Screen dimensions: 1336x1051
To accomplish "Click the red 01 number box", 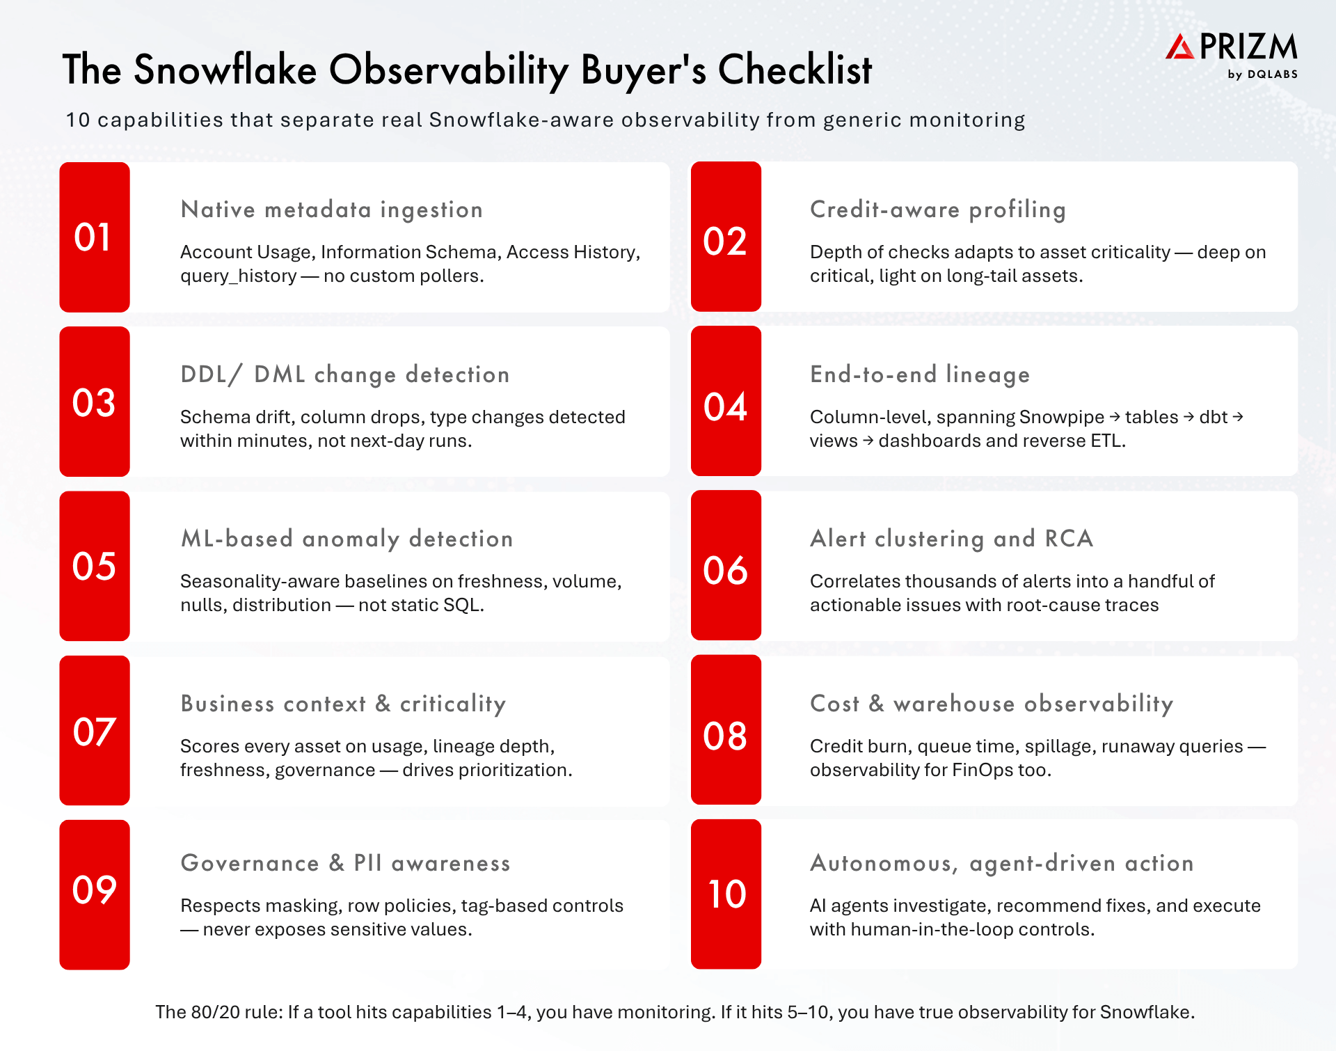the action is (x=95, y=237).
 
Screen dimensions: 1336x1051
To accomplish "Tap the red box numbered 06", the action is (x=726, y=565).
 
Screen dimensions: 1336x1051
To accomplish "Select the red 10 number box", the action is (x=726, y=894).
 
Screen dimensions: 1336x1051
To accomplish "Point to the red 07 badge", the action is (x=95, y=730).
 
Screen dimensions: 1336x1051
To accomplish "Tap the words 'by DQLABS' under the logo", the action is (x=1262, y=74).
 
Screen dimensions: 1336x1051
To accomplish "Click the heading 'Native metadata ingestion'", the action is (x=331, y=210).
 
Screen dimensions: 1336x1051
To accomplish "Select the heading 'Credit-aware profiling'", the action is (x=938, y=210).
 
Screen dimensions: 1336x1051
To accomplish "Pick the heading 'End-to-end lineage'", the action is (x=920, y=374).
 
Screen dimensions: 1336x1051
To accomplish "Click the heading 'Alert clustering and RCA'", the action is (x=952, y=539).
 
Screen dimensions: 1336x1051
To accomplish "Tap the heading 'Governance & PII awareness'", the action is (x=345, y=863).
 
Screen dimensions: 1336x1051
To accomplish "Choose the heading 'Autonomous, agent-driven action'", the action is (x=1002, y=863).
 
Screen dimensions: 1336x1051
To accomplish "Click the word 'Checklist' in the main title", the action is (x=795, y=70).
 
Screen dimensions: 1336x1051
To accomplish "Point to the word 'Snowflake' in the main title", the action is (x=225, y=70).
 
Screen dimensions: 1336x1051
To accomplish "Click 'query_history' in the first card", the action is (x=239, y=276).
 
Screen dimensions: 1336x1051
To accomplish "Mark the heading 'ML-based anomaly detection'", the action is (x=347, y=539).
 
